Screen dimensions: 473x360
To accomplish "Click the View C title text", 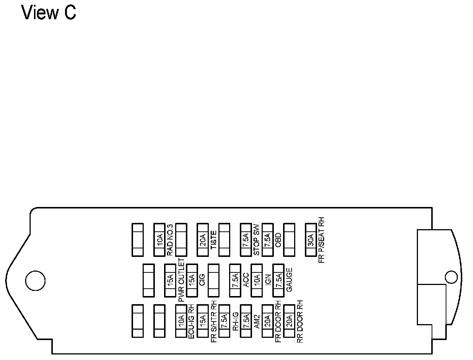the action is [x=49, y=13].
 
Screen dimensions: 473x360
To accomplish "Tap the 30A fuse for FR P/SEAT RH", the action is [x=311, y=240].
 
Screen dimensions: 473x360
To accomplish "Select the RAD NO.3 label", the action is [x=170, y=240].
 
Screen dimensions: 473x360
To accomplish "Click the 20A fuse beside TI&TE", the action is [x=203, y=240].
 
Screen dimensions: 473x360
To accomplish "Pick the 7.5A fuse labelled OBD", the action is [x=267, y=240].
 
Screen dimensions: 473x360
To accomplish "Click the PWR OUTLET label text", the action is [x=181, y=281].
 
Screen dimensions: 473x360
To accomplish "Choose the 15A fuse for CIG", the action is [x=192, y=281].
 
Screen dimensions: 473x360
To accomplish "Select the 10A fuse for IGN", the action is [x=256, y=281].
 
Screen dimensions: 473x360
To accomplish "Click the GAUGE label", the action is [x=289, y=281].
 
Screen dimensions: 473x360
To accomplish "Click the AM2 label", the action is [x=257, y=321].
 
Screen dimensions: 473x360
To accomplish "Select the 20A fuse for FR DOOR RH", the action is [x=267, y=321].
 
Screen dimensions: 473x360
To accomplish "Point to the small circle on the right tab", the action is [x=451, y=277].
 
